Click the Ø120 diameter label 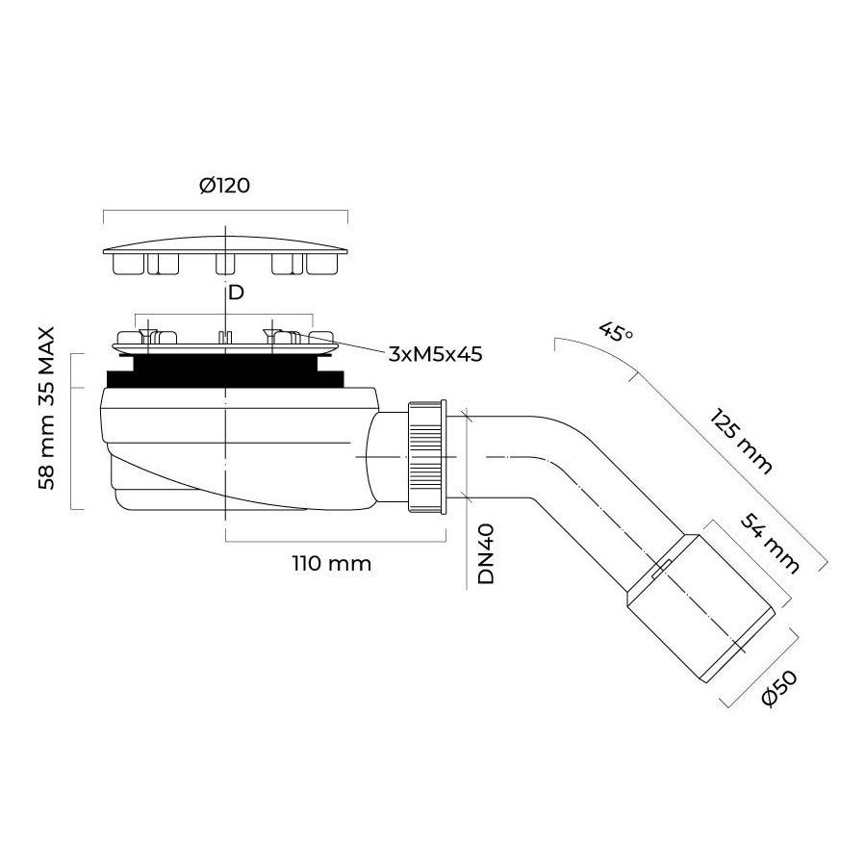tap(224, 185)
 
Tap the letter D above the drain tap(236, 293)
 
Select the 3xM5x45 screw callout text tap(435, 354)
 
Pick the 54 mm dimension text tap(770, 544)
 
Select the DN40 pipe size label tap(486, 553)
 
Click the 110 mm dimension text tap(331, 563)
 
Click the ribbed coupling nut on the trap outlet tap(426, 457)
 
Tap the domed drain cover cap tap(225, 256)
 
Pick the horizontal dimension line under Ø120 tap(225, 211)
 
